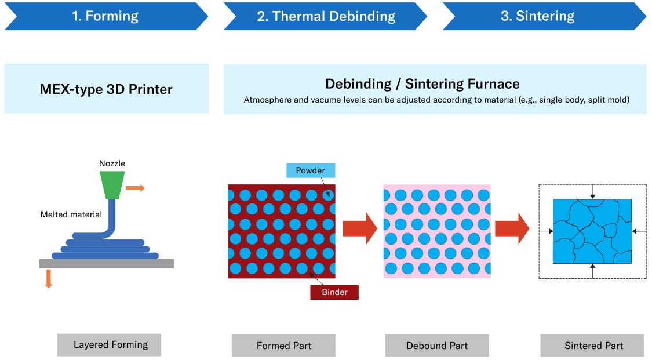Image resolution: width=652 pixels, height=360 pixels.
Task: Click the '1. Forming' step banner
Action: (x=105, y=16)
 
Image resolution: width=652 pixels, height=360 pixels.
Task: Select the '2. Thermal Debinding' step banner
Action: (x=326, y=16)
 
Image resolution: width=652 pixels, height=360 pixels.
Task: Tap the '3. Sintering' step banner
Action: (x=538, y=16)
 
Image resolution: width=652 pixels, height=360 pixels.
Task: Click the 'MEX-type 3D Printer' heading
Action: (x=106, y=89)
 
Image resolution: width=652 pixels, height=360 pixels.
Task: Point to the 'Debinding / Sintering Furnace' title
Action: (x=422, y=83)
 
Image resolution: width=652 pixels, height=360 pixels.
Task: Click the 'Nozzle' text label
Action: (x=112, y=163)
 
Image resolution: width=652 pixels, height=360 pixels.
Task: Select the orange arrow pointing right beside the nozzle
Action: (x=135, y=188)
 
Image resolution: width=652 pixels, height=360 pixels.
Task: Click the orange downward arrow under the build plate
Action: (x=49, y=278)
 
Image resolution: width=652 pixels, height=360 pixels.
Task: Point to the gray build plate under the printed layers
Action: (x=106, y=264)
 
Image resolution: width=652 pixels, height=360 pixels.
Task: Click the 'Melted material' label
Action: (x=71, y=214)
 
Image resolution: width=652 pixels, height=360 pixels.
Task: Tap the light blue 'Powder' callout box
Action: (x=311, y=170)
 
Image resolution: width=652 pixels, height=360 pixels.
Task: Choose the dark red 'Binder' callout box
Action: (x=334, y=292)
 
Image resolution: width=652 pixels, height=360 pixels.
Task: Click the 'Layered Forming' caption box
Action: (x=109, y=345)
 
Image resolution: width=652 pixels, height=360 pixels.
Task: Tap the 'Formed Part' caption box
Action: (x=283, y=346)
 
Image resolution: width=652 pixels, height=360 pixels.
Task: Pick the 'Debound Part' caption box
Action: (x=437, y=346)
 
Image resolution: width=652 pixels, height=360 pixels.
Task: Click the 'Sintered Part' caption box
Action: (x=592, y=346)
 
